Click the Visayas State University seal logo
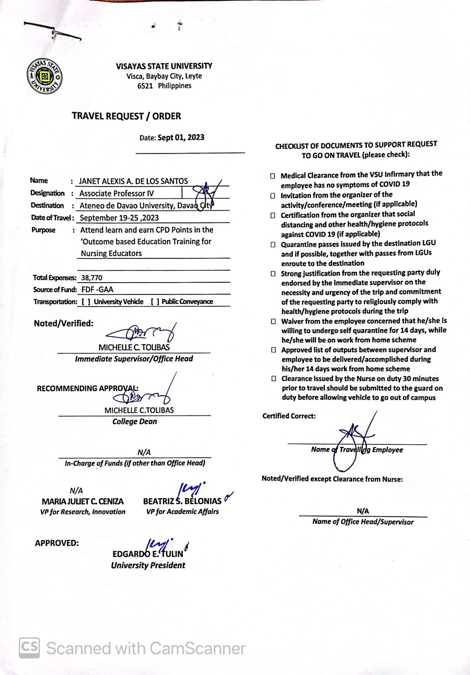[44, 77]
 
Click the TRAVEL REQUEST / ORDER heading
[127, 116]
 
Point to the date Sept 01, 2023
[181, 137]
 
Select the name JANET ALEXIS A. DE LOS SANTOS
[133, 181]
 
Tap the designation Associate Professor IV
[116, 193]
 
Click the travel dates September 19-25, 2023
[119, 218]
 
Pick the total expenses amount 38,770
[92, 278]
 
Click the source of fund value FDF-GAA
[97, 290]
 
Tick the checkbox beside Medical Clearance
[273, 176]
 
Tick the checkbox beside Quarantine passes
[273, 245]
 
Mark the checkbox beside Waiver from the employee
[273, 321]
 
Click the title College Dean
[134, 422]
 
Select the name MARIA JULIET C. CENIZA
[83, 501]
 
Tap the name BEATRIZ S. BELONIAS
[182, 501]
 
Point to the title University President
[148, 565]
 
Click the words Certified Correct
[289, 416]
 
